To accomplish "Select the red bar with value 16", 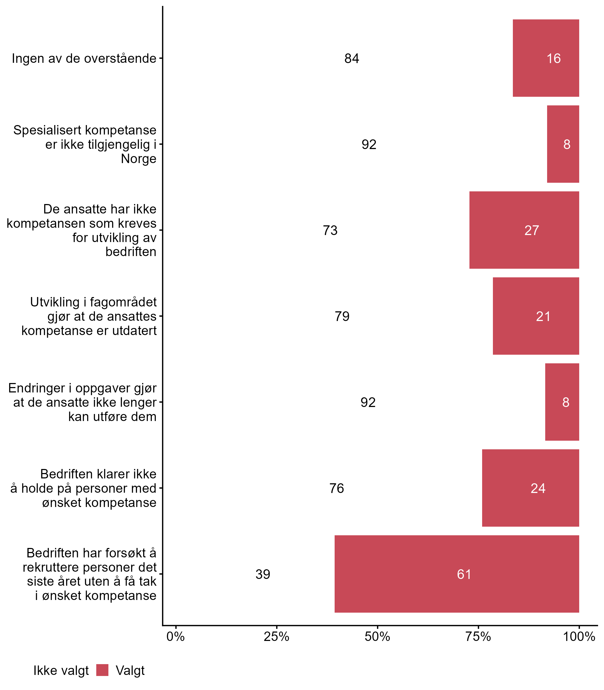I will coord(546,58).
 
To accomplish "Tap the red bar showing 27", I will coord(524,230).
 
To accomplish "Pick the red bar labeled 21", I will coord(536,316).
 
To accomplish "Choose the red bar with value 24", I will coord(531,488).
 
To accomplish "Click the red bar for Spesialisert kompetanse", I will coord(563,144).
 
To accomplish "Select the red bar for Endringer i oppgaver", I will coord(562,402).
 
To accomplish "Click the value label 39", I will coord(263,574).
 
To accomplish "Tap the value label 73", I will coord(330,230).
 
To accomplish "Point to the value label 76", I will coord(337,488).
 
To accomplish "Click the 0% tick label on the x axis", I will coord(176,637).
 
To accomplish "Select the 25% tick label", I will coord(276,637).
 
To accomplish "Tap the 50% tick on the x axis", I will coord(377,637).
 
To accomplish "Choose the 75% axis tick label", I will coord(478,637).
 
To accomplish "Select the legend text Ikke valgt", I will coord(61,671).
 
